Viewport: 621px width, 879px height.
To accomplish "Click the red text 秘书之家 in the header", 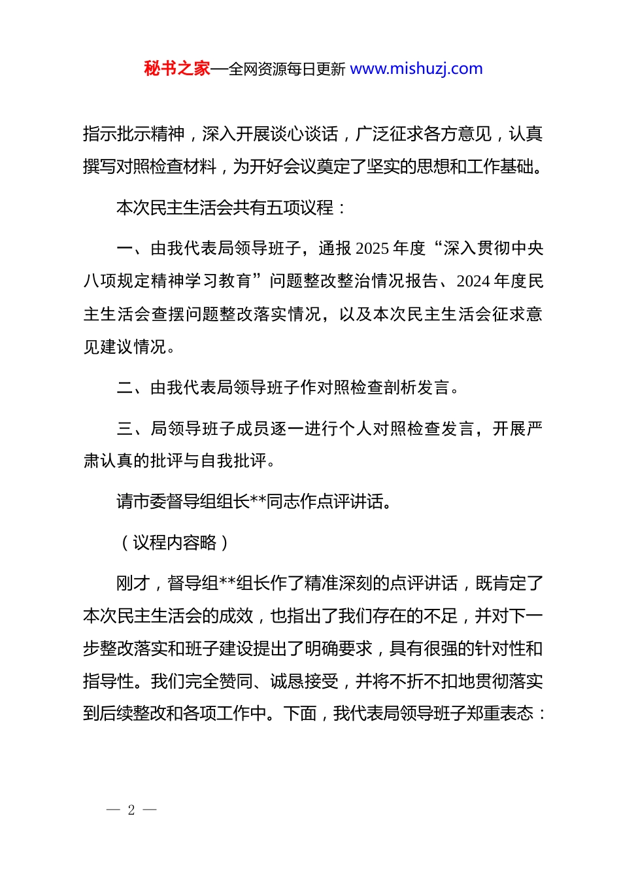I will (177, 69).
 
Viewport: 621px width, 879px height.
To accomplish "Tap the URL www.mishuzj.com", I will (416, 69).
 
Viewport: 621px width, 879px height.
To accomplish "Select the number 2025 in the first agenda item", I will (373, 249).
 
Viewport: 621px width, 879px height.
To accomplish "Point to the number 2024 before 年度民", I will (473, 281).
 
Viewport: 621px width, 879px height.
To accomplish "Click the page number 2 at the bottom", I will (131, 810).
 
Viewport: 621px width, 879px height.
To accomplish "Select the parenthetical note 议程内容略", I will (175, 543).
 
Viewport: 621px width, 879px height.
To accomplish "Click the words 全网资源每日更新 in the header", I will (287, 69).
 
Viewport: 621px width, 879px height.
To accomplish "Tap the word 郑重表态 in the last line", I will (499, 714).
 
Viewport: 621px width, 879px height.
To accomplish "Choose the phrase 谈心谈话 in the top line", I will (304, 135).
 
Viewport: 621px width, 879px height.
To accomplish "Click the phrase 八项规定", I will (117, 281).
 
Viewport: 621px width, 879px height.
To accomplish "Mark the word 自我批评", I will (235, 461).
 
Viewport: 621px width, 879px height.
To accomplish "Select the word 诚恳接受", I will (304, 681).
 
